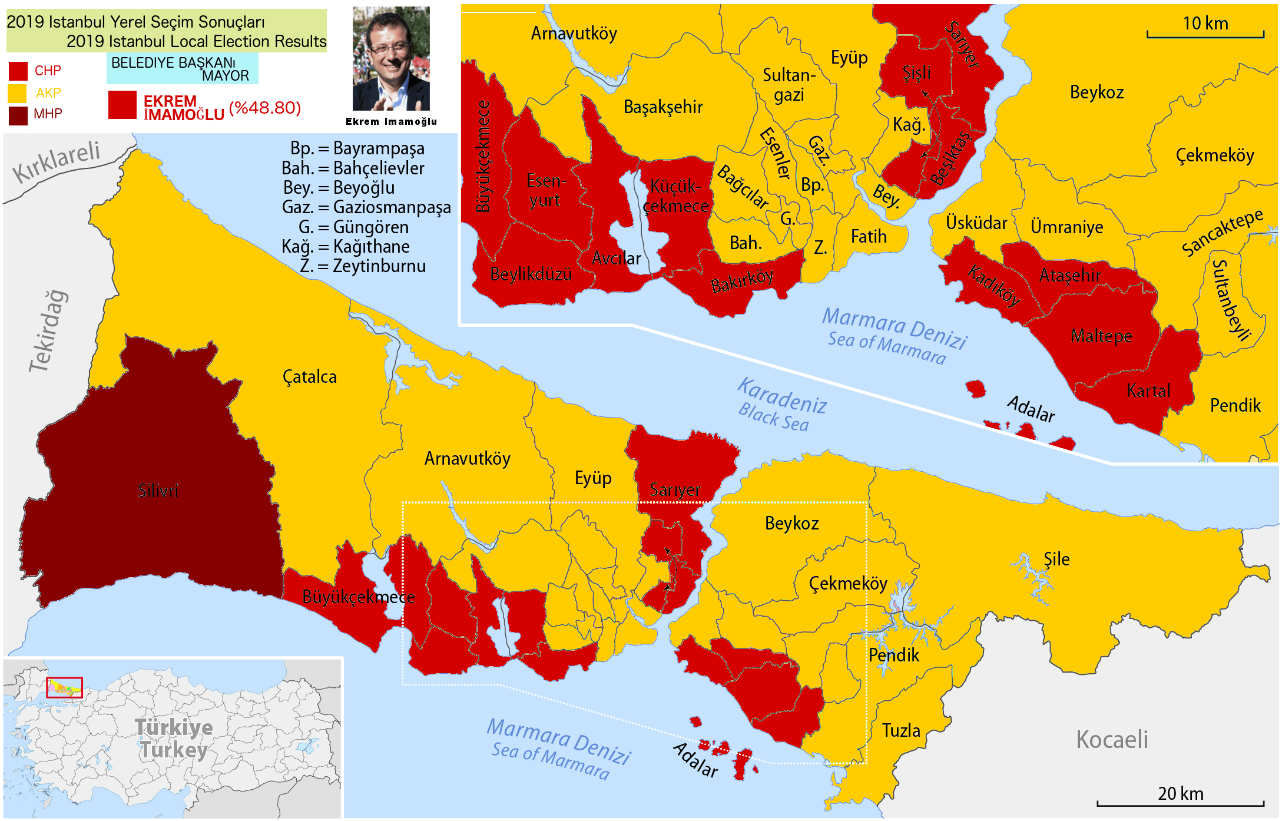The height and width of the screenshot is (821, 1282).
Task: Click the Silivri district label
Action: [157, 491]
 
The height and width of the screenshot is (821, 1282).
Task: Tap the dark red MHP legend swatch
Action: [18, 115]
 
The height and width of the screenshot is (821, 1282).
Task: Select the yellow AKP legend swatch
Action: [18, 93]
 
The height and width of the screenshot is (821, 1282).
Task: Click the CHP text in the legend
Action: [48, 71]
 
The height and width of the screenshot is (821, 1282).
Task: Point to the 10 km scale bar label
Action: [1205, 24]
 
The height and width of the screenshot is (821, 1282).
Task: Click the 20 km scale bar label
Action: [1180, 793]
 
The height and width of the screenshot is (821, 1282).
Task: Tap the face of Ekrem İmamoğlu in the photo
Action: [388, 49]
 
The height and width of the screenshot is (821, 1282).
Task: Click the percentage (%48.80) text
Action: [265, 108]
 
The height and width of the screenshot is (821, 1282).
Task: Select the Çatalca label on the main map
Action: [310, 377]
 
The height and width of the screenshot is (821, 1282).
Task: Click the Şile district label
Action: [1056, 560]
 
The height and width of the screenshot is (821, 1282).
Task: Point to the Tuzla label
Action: [900, 731]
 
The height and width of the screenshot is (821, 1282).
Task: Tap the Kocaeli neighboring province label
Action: [1112, 740]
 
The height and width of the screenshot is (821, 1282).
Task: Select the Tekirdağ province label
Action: [49, 331]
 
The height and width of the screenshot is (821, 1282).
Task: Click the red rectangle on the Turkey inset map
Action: [64, 687]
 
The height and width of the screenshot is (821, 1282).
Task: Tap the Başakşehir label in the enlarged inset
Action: [663, 107]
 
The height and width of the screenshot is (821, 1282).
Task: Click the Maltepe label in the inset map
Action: [1101, 336]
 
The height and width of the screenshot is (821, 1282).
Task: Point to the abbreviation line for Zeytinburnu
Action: [362, 266]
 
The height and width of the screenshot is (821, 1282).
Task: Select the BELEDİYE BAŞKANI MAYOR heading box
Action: [182, 69]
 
